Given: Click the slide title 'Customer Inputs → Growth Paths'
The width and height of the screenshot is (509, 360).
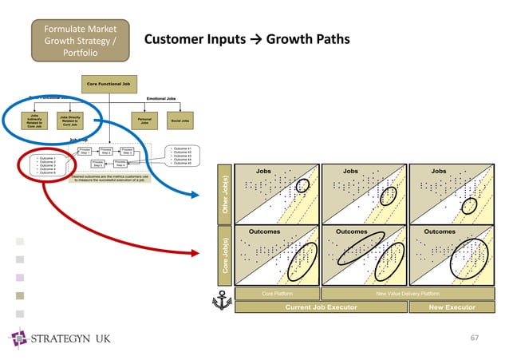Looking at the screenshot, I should click(246, 39).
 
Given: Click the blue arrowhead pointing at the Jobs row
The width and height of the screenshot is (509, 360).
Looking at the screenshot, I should click(197, 194).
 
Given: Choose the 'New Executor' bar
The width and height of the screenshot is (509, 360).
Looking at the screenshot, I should click(452, 307).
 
